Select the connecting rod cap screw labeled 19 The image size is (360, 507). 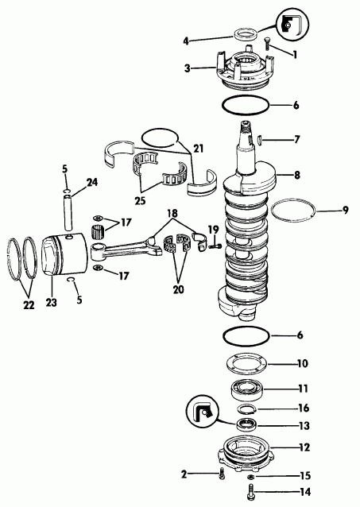(214, 247)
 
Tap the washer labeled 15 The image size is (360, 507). (251, 476)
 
